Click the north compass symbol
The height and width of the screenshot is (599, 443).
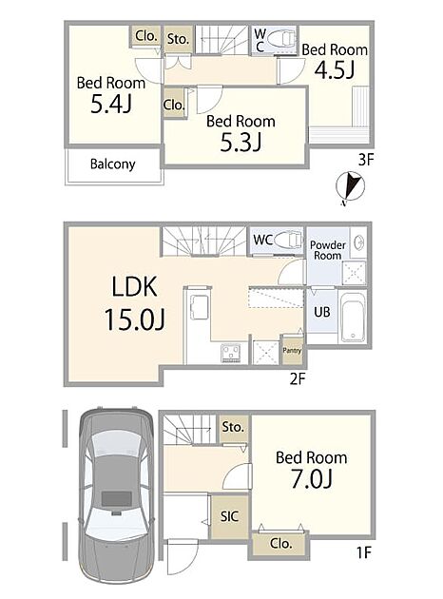[x=350, y=187]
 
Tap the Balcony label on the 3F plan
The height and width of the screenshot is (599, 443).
[x=113, y=164]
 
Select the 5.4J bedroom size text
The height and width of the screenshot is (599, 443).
[x=111, y=104]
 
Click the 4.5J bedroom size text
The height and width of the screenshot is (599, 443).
[x=335, y=70]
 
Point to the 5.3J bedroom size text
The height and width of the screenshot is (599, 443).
[x=241, y=143]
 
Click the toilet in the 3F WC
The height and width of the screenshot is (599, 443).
[x=282, y=39]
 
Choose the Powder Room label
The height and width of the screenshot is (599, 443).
[x=328, y=250]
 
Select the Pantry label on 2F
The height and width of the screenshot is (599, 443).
[x=292, y=350]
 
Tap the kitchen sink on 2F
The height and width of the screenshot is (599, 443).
[x=199, y=307]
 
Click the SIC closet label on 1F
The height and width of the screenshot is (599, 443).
[x=229, y=516]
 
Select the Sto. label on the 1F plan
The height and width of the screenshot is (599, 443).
[x=233, y=427]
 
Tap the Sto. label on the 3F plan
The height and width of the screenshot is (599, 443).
[x=178, y=39]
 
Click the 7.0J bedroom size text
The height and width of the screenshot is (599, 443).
[x=312, y=478]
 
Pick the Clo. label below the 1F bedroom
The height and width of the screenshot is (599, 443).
[x=280, y=543]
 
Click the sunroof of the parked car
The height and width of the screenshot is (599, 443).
[x=117, y=498]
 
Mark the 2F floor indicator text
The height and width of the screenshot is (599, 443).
[x=298, y=378]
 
